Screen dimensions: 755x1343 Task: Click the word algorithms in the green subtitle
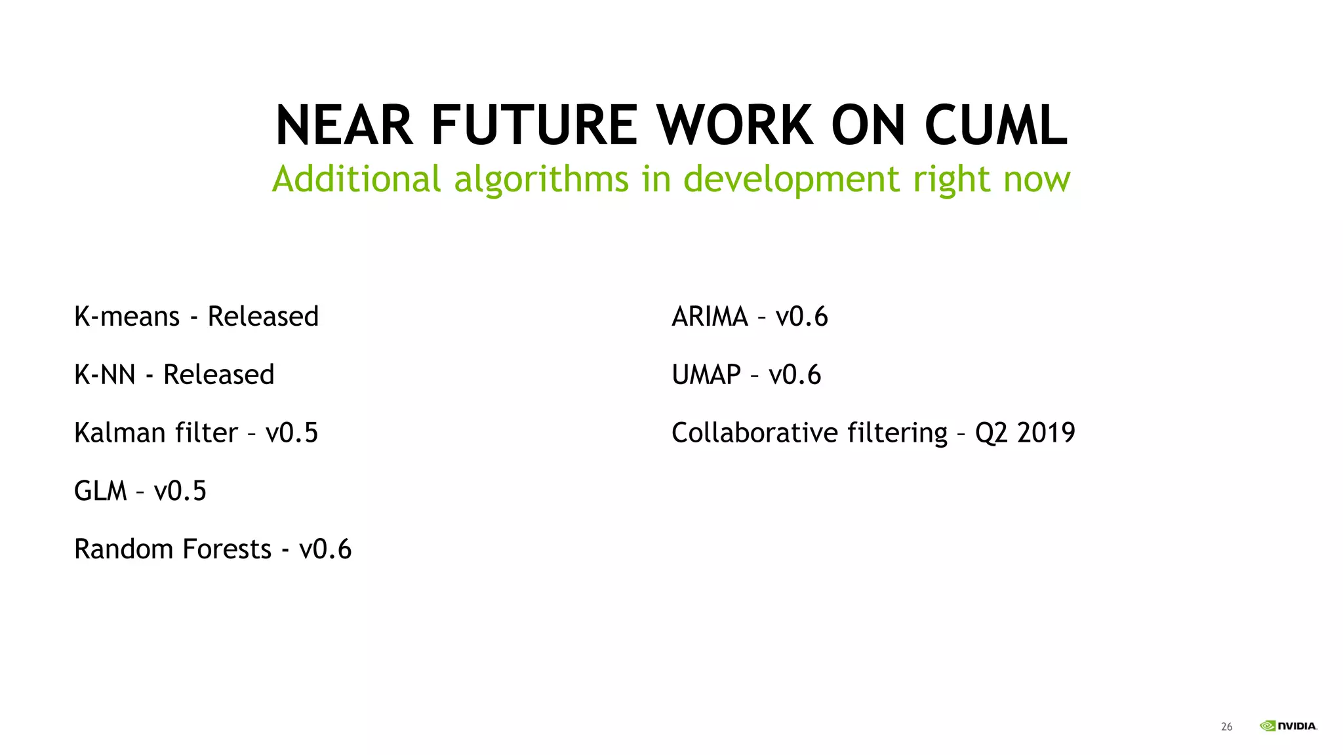point(541,179)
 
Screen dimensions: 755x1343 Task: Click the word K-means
point(127,317)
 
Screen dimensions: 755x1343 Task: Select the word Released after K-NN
point(218,375)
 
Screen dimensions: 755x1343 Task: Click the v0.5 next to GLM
point(180,491)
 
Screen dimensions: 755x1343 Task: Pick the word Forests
point(227,549)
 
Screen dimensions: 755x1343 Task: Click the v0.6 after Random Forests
point(325,549)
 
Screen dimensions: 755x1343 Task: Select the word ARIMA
point(710,317)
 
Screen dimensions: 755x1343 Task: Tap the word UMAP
point(706,375)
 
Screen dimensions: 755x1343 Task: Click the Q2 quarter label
point(992,434)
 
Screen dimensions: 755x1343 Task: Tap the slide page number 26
point(1226,727)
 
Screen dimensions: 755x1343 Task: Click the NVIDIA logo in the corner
point(1289,726)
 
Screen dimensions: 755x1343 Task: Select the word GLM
point(100,491)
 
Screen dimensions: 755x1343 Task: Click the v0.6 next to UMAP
point(795,375)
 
